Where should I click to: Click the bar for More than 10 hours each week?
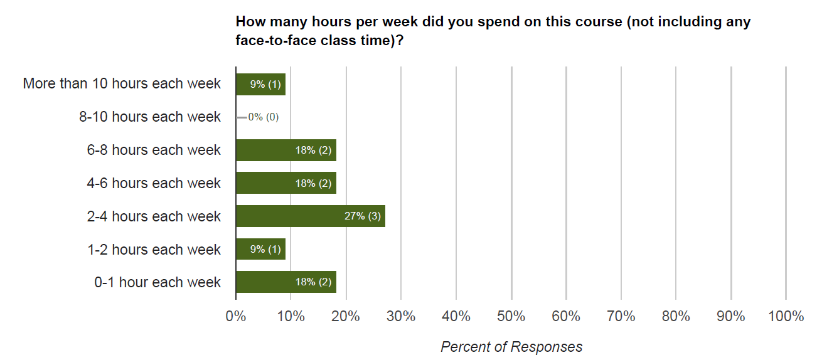click(260, 84)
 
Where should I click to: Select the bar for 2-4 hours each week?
click(310, 216)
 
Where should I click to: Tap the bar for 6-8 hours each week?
click(286, 151)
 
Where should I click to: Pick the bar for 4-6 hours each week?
click(286, 183)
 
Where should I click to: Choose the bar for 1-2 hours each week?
click(260, 249)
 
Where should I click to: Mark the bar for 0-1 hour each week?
click(286, 282)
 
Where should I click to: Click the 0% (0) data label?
click(263, 117)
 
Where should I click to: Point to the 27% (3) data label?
click(363, 216)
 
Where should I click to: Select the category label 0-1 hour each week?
click(158, 282)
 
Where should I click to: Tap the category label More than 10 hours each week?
click(122, 84)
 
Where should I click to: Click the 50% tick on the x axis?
click(511, 316)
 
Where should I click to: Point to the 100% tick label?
click(786, 316)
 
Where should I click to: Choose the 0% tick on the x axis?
click(236, 316)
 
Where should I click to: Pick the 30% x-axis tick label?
click(401, 316)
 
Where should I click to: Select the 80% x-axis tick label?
click(676, 316)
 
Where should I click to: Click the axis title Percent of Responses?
click(511, 347)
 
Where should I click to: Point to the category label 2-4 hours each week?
click(154, 216)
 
